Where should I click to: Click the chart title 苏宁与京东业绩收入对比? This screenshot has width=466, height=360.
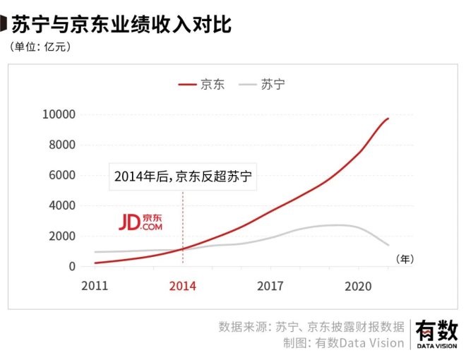[121, 25]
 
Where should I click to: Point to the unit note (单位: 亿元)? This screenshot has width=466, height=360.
[40, 47]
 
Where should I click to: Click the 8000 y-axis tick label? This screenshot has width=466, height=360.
[61, 145]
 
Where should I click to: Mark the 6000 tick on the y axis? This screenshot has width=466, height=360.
[61, 176]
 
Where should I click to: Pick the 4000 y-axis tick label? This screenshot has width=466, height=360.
[61, 206]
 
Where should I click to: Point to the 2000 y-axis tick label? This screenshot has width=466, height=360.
[61, 236]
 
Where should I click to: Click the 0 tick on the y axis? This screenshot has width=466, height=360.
[72, 267]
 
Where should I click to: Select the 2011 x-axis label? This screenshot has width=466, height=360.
[95, 286]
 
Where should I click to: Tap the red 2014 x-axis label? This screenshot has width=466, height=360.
[183, 286]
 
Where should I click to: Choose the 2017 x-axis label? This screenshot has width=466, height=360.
[270, 286]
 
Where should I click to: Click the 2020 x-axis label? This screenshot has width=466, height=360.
[359, 286]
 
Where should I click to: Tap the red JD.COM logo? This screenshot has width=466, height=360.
[140, 222]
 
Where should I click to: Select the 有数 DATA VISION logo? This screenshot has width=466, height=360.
[436, 333]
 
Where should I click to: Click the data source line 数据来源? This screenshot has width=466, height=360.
[311, 327]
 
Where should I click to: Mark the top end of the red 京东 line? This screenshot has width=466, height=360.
[388, 119]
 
